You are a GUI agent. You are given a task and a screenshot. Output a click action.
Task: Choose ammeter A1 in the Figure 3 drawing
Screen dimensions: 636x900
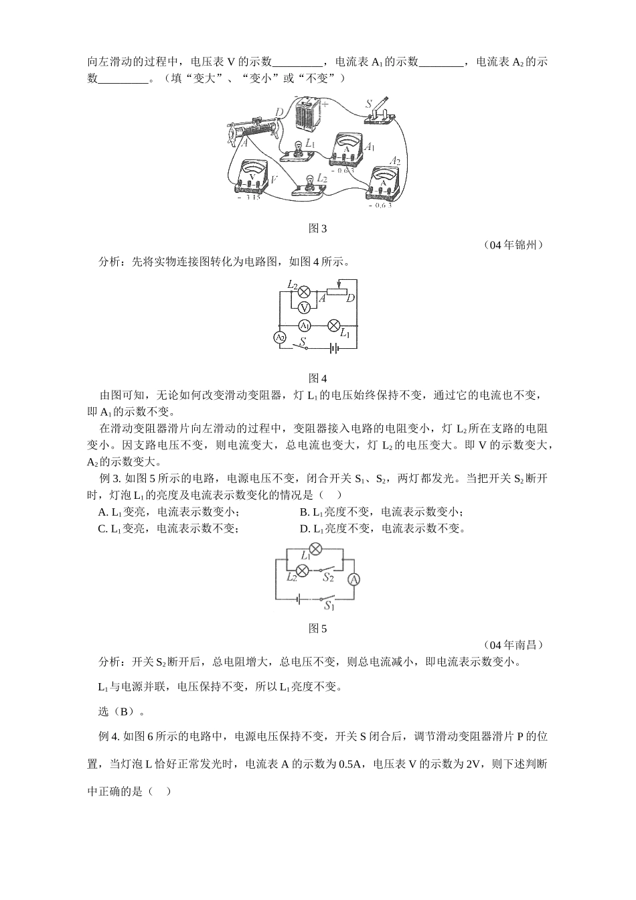pyautogui.click(x=347, y=150)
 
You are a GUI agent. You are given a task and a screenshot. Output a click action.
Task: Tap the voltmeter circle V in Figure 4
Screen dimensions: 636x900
pyautogui.click(x=304, y=307)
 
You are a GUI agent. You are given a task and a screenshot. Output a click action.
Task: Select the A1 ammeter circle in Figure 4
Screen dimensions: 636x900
pyautogui.click(x=305, y=325)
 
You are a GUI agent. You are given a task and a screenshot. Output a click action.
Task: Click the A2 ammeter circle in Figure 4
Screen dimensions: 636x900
pyautogui.click(x=281, y=338)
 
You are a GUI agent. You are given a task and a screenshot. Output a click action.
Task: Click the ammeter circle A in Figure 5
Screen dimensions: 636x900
pyautogui.click(x=354, y=579)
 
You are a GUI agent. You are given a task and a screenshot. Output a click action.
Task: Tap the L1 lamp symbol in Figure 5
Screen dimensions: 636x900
pyautogui.click(x=316, y=550)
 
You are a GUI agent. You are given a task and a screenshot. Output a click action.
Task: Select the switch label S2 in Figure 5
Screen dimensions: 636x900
pyautogui.click(x=329, y=577)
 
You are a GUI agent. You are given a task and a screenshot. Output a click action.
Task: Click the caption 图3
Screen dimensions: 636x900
pyautogui.click(x=317, y=228)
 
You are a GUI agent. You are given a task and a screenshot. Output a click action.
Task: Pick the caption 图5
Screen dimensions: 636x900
pyautogui.click(x=317, y=629)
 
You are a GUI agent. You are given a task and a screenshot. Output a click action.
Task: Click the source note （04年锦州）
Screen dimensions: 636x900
pyautogui.click(x=513, y=245)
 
